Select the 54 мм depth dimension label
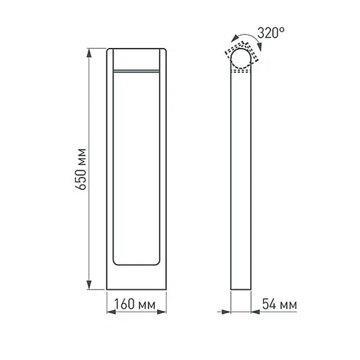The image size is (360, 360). pos(278,304)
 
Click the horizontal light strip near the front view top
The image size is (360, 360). pos(136,68)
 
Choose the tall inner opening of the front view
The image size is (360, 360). pos(136,169)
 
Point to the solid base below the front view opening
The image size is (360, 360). pos(136,278)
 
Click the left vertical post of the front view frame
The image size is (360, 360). pos(110,169)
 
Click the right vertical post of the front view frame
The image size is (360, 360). pos(162,169)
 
